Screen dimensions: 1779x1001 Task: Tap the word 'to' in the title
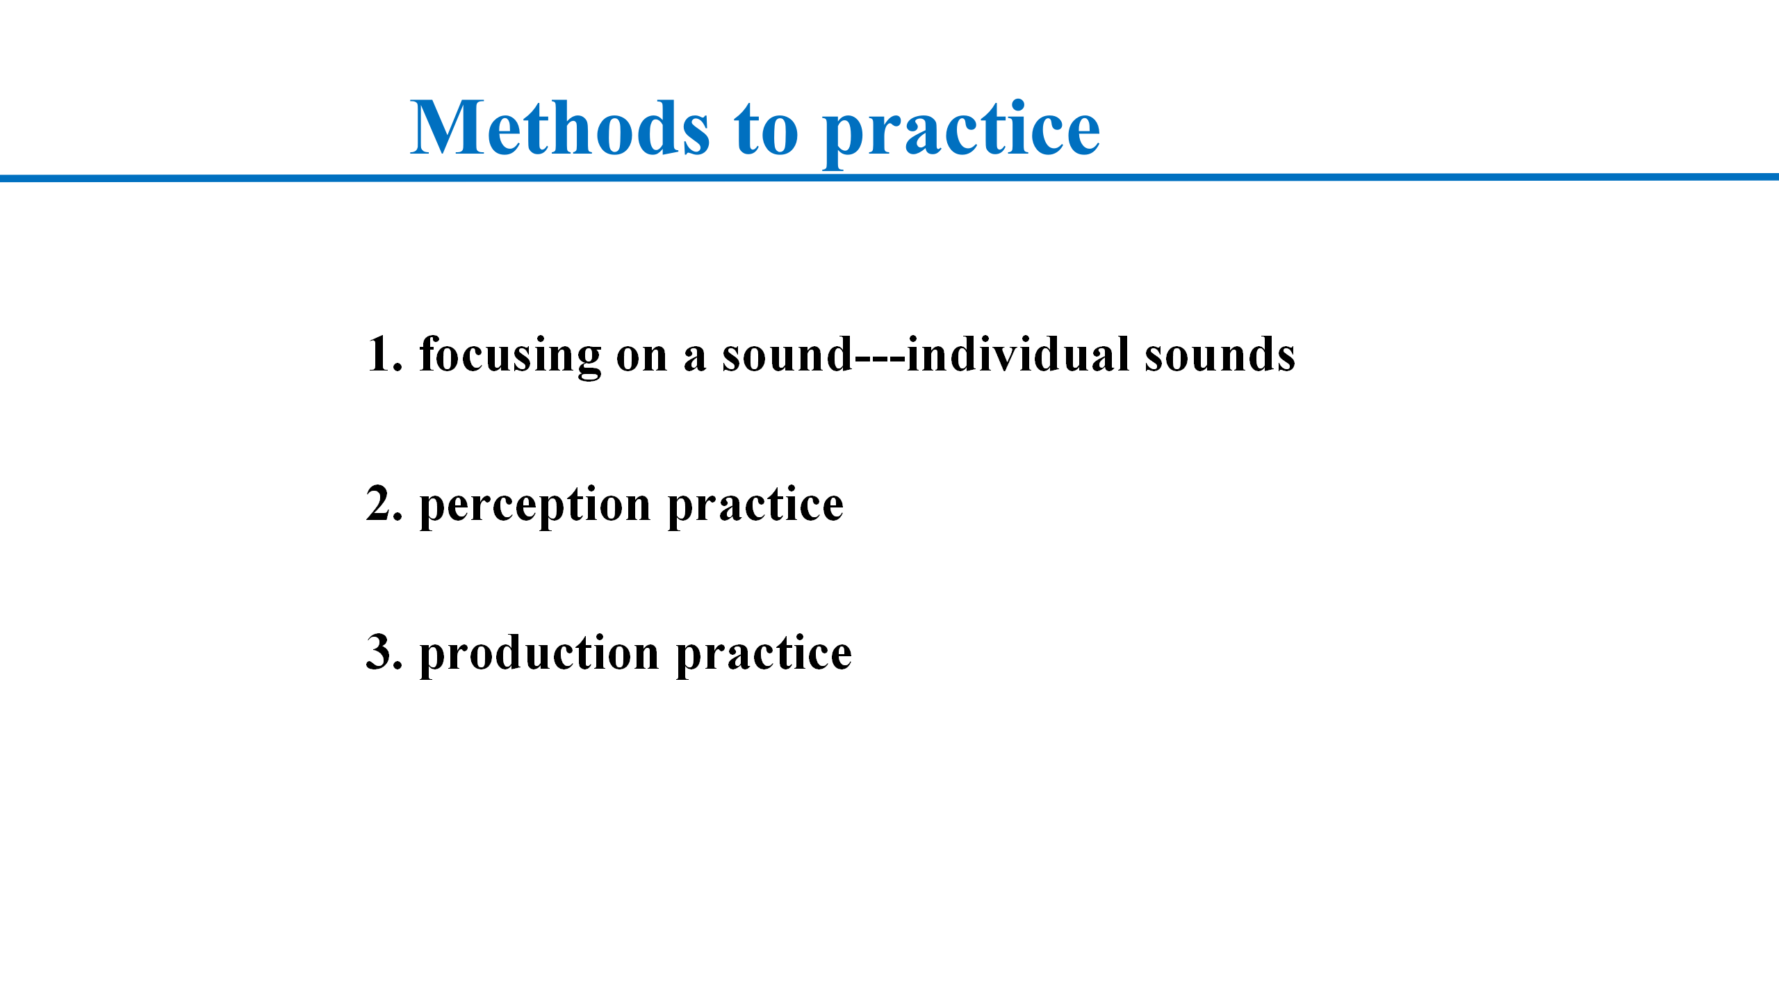(766, 129)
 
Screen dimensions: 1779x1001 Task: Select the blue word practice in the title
(962, 133)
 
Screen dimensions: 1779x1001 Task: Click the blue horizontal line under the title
(889, 178)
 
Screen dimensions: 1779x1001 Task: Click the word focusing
(510, 356)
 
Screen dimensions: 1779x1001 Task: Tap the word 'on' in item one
(641, 359)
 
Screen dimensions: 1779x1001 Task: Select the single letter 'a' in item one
(695, 359)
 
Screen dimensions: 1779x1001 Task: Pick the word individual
(1018, 354)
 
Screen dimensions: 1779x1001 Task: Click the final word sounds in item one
(1220, 354)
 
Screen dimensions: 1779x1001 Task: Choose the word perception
(535, 507)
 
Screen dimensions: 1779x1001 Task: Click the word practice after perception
(755, 507)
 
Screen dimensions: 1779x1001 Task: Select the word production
(539, 655)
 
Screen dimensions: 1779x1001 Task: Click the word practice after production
(764, 655)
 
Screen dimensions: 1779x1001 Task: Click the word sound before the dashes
(787, 354)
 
